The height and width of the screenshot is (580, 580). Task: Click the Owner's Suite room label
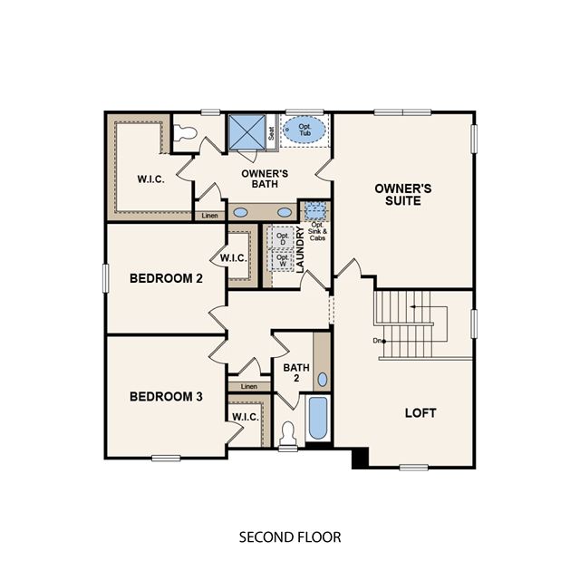(x=402, y=195)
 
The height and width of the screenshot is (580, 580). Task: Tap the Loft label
(x=420, y=413)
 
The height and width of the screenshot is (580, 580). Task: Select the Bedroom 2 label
(x=166, y=278)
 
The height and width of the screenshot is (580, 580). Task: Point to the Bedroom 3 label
(x=166, y=397)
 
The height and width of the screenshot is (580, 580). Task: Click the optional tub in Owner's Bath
(x=304, y=130)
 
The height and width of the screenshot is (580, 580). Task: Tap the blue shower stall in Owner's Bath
(x=247, y=131)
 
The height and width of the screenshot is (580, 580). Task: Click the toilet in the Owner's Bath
(x=185, y=132)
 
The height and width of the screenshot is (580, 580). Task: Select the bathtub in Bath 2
(x=318, y=418)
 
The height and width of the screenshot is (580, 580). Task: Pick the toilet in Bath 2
(x=288, y=434)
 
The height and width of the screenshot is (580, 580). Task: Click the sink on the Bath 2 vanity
(x=323, y=380)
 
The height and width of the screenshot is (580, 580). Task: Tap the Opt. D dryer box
(x=283, y=238)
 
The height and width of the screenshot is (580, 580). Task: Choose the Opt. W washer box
(x=283, y=260)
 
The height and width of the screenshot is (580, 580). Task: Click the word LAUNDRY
(x=300, y=250)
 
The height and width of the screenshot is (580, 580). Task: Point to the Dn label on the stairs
(x=377, y=341)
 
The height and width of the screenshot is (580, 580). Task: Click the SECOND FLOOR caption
(x=290, y=537)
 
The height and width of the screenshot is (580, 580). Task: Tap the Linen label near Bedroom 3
(x=249, y=387)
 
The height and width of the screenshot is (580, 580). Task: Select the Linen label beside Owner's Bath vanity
(x=209, y=216)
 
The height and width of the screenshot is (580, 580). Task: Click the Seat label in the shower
(x=272, y=133)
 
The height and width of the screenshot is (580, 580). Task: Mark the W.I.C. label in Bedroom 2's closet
(x=234, y=257)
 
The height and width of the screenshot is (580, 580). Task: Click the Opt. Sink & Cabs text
(x=317, y=231)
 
